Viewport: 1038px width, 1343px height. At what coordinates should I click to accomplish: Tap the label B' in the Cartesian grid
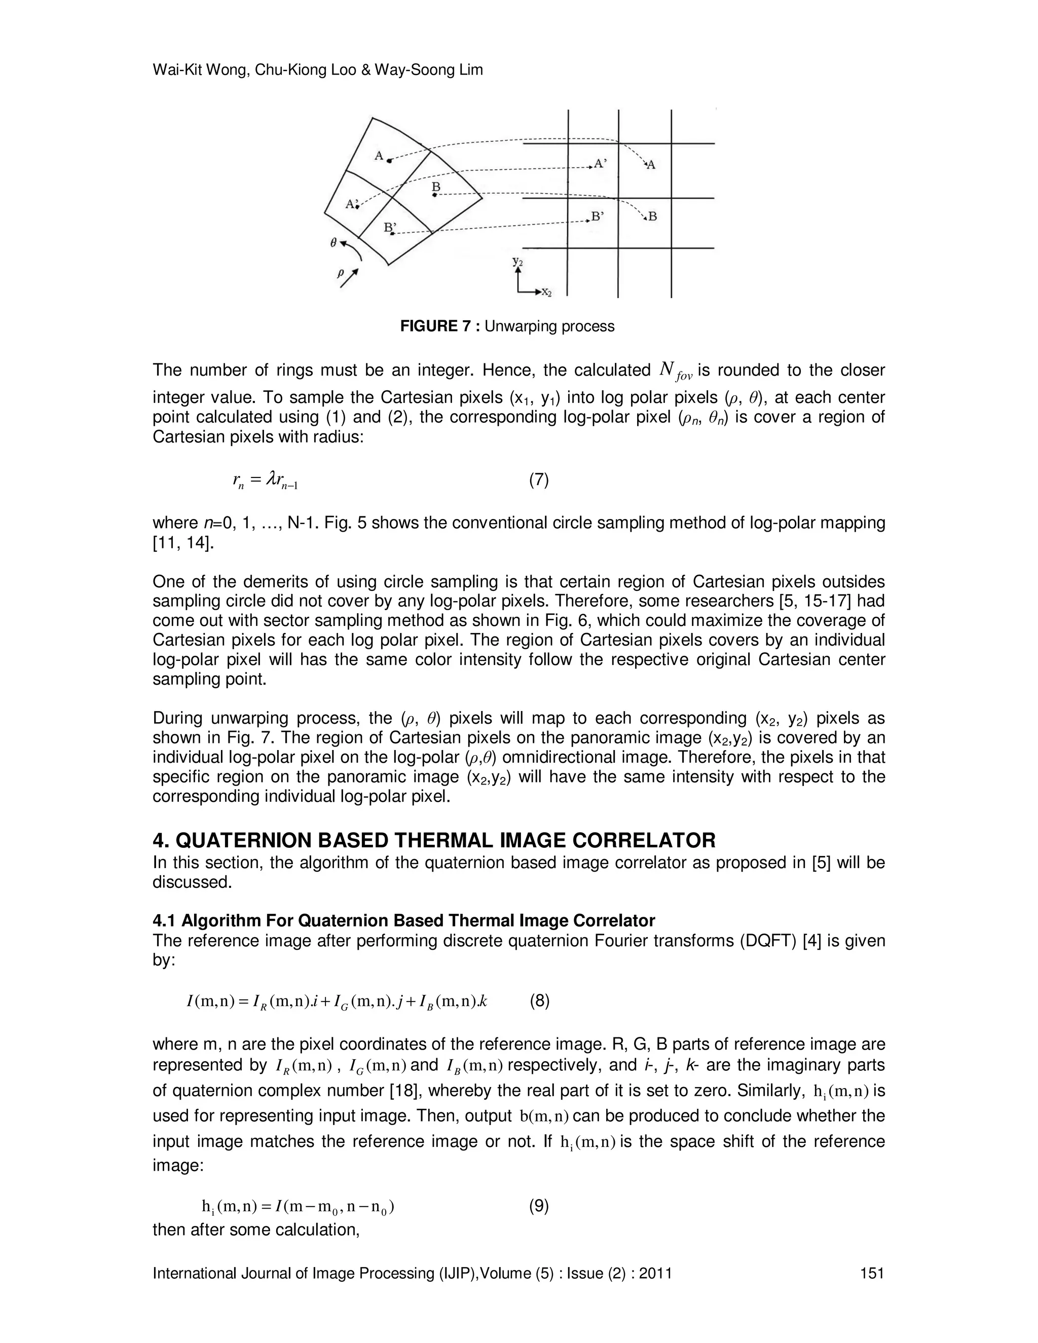click(x=597, y=216)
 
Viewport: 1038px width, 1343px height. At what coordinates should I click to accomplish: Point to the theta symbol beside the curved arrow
click(x=334, y=243)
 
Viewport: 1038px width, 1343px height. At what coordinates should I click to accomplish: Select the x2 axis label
click(x=545, y=293)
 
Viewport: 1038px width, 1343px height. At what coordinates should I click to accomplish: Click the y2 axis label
click(x=518, y=262)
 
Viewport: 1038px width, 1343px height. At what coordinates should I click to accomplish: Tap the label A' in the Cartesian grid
click(x=600, y=164)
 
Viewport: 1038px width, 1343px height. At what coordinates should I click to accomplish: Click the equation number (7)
click(x=539, y=479)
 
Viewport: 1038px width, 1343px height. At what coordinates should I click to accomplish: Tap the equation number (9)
click(x=539, y=1207)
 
